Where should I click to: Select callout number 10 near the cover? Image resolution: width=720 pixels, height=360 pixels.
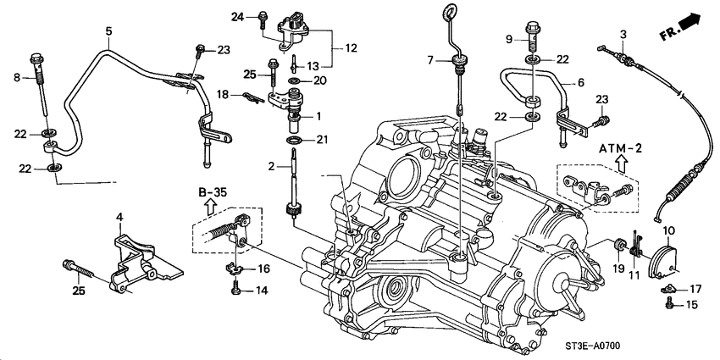[668, 230]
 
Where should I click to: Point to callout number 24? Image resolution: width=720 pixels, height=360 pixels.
[238, 16]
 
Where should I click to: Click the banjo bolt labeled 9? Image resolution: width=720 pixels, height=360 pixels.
[534, 34]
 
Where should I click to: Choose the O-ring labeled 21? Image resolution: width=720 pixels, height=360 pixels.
[293, 139]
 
